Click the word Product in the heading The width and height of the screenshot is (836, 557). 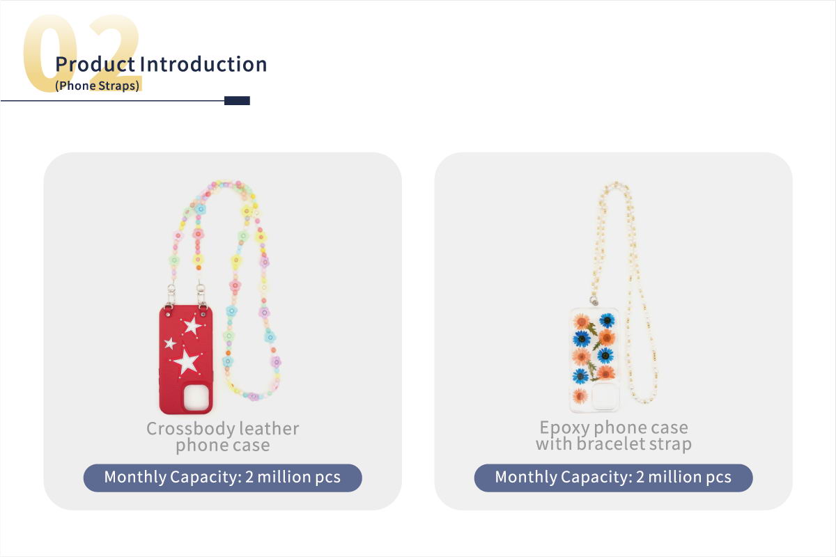click(x=95, y=64)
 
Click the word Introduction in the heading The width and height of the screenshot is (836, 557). click(x=203, y=64)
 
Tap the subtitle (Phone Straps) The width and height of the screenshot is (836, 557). click(x=97, y=86)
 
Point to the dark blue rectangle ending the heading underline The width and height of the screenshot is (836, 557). click(x=237, y=101)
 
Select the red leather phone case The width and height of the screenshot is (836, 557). click(x=186, y=360)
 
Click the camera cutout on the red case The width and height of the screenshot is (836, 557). click(x=196, y=398)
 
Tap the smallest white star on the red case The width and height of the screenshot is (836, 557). click(x=170, y=343)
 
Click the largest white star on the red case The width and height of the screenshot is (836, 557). click(x=186, y=361)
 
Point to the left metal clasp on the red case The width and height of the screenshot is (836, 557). click(x=171, y=295)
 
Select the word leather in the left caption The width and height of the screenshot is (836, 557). click(x=269, y=428)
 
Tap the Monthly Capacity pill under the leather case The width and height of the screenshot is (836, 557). click(x=222, y=478)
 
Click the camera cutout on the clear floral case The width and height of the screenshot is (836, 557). click(x=605, y=396)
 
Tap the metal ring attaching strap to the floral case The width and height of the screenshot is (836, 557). click(x=594, y=301)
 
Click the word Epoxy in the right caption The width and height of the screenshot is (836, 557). click(x=564, y=428)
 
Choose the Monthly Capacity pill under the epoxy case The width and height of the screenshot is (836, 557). click(x=613, y=478)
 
